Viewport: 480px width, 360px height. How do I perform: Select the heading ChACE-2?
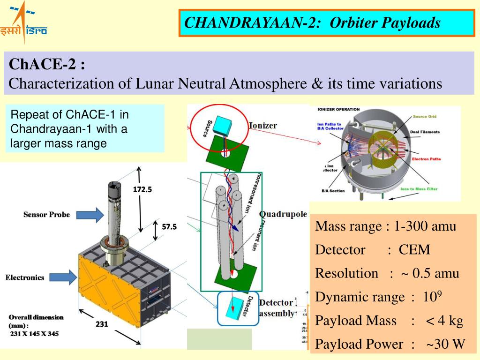click(47, 64)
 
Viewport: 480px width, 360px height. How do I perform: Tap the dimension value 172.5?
click(142, 189)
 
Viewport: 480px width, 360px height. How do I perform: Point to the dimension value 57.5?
click(169, 227)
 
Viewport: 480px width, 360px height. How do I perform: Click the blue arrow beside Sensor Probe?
click(88, 215)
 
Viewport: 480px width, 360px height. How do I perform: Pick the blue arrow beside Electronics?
click(61, 277)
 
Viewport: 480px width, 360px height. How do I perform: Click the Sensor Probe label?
click(46, 215)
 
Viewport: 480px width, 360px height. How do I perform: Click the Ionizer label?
click(262, 126)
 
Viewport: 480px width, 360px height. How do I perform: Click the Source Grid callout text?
click(427, 116)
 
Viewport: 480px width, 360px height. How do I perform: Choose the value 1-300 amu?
click(425, 226)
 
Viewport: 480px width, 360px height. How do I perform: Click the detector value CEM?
click(414, 250)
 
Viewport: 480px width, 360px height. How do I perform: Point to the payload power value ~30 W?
click(445, 345)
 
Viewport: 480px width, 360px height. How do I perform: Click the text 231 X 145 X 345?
click(35, 334)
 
